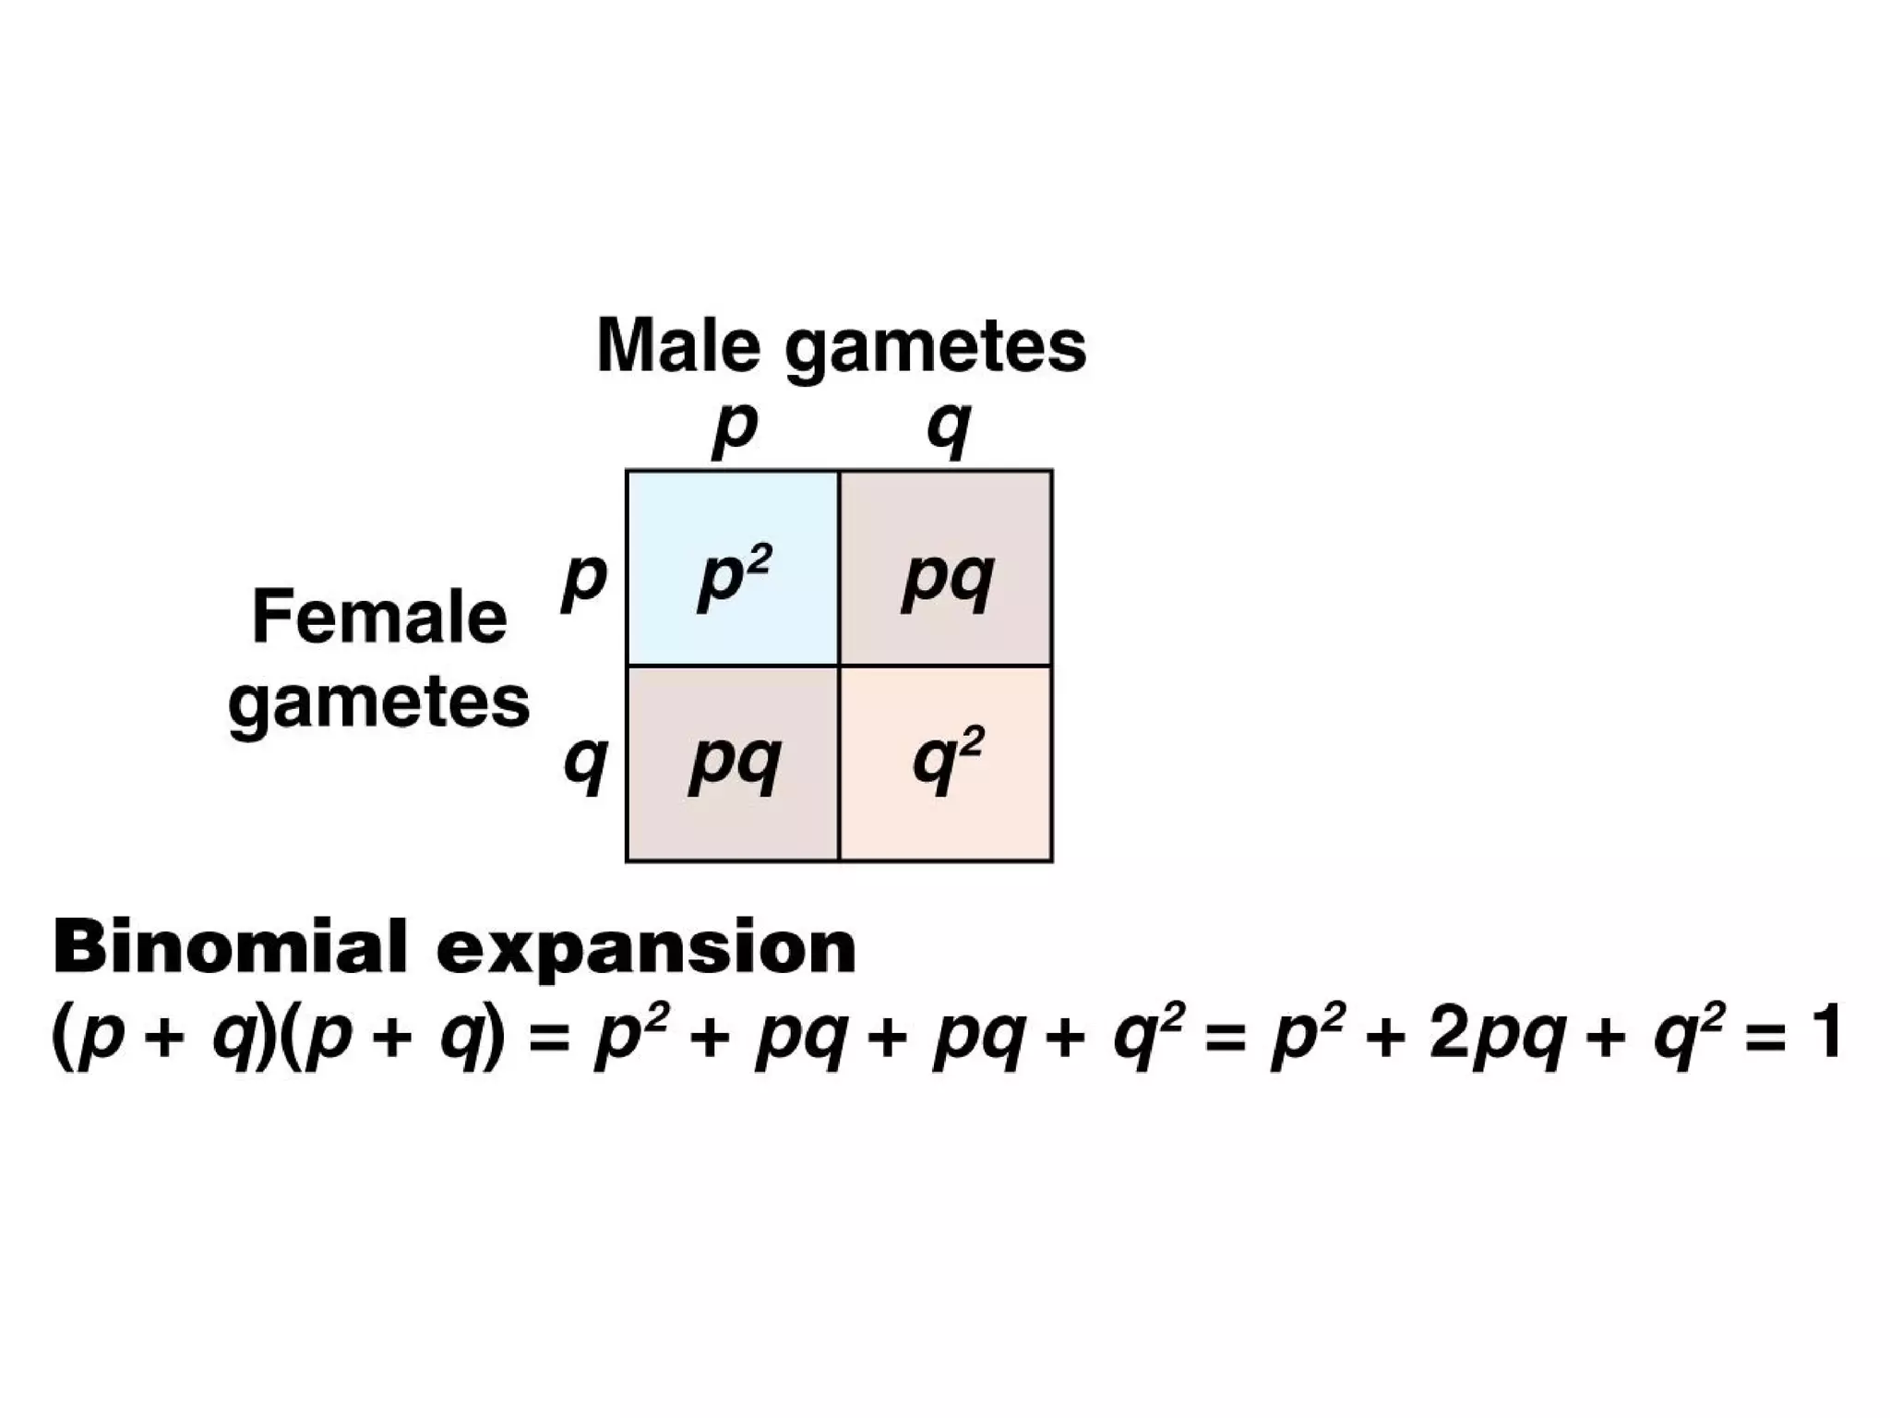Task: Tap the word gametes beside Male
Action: (x=935, y=349)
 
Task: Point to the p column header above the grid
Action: (x=735, y=429)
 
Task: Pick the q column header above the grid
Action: (x=949, y=429)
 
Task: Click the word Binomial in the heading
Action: (x=230, y=947)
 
